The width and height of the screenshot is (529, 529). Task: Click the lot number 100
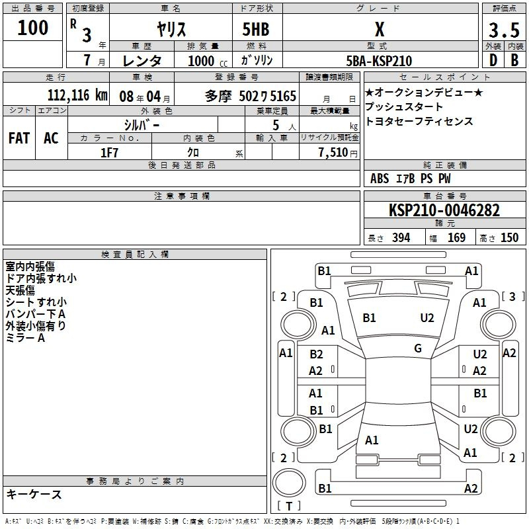pyautogui.click(x=32, y=27)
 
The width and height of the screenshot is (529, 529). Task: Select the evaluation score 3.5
pyautogui.click(x=504, y=30)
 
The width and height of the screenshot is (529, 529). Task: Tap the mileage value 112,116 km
pyautogui.click(x=77, y=95)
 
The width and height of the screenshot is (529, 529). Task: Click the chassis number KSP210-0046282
pyautogui.click(x=444, y=210)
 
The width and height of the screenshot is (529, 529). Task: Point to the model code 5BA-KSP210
pyautogui.click(x=379, y=61)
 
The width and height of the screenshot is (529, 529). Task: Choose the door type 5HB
pyautogui.click(x=256, y=29)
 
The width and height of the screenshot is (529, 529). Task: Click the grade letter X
pyautogui.click(x=380, y=29)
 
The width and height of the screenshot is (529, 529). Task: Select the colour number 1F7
pyautogui.click(x=109, y=153)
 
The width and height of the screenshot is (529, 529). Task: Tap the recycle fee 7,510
pyautogui.click(x=333, y=153)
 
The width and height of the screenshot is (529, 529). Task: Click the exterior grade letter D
pyautogui.click(x=493, y=60)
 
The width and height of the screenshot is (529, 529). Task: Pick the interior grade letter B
pyautogui.click(x=514, y=60)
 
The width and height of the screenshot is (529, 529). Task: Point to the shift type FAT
pyautogui.click(x=19, y=138)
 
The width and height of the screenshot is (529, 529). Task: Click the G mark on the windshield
pyautogui.click(x=418, y=348)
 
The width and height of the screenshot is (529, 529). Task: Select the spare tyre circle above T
pyautogui.click(x=289, y=483)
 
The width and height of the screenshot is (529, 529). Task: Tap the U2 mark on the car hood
pyautogui.click(x=427, y=318)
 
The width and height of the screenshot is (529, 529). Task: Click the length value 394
pyautogui.click(x=401, y=237)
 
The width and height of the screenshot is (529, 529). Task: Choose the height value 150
pyautogui.click(x=509, y=237)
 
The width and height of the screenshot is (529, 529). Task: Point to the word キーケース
pyautogui.click(x=34, y=494)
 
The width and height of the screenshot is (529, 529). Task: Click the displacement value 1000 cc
pyautogui.click(x=208, y=61)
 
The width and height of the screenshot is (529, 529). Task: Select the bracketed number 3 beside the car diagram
pyautogui.click(x=512, y=296)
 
